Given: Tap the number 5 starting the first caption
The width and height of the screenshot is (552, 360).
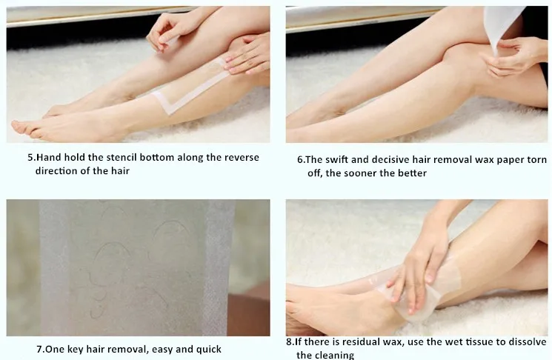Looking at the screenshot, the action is point(30,158).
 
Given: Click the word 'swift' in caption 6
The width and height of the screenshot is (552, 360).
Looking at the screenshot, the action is point(337,160).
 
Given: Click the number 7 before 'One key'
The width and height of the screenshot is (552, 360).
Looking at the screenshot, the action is point(39,350).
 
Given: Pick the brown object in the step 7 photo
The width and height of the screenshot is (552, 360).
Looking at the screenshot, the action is point(248,310).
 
